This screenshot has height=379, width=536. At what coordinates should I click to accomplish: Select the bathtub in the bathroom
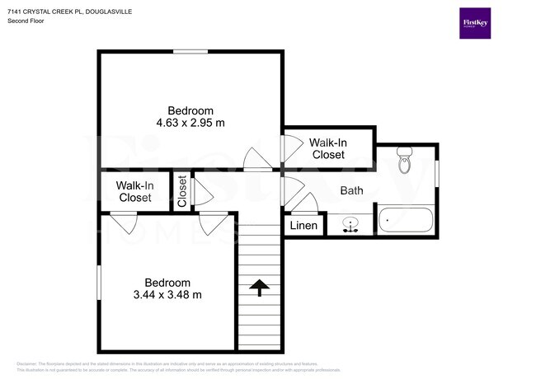[406, 221]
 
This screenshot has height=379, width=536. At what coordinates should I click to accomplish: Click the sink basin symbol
[351, 223]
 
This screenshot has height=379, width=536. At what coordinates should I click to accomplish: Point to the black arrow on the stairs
[260, 287]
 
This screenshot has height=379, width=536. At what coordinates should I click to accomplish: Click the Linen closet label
[303, 226]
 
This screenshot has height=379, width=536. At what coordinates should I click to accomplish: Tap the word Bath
[352, 191]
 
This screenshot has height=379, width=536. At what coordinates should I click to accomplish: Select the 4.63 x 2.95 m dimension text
[190, 124]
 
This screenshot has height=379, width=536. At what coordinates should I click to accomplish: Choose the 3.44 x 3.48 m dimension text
[167, 295]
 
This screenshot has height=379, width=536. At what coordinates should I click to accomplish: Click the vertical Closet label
[182, 191]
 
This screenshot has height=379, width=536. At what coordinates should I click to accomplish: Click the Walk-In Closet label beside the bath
[327, 148]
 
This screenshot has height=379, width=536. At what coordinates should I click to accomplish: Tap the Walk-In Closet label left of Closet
[134, 192]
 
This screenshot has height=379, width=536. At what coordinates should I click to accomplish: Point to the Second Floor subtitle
[26, 21]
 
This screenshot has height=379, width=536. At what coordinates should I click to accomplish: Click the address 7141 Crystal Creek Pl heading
[69, 12]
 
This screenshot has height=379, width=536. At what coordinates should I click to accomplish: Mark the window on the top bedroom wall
[190, 52]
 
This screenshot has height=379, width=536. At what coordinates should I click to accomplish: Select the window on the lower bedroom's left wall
[99, 282]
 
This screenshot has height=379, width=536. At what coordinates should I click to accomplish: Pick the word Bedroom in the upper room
[190, 111]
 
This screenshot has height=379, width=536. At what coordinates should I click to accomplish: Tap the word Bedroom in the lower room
[167, 282]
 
